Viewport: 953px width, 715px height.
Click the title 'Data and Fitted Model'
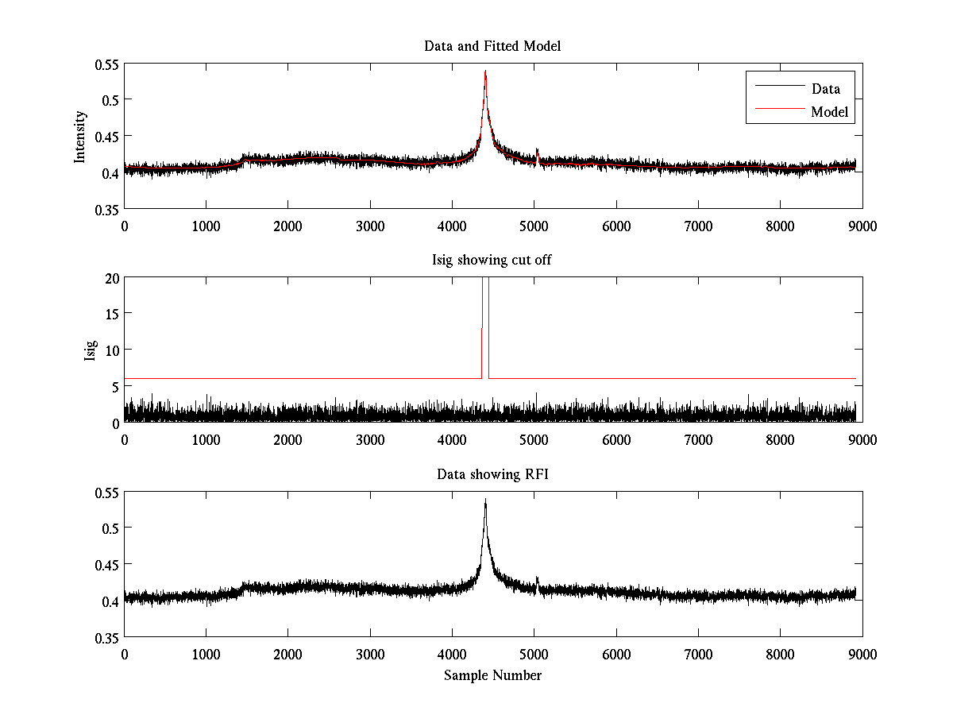pos(492,46)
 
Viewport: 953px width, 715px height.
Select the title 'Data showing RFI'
pos(492,474)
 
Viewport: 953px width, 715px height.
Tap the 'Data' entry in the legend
pos(825,89)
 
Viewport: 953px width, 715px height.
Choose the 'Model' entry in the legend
pos(829,112)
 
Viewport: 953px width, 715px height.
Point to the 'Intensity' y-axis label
pos(79,136)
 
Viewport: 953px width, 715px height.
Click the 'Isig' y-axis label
pos(90,350)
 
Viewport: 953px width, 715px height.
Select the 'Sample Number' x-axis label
pos(492,675)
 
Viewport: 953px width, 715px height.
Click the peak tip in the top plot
pos(485,71)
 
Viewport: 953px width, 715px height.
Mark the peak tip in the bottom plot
pos(485,500)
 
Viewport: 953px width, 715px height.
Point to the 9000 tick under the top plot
pos(862,226)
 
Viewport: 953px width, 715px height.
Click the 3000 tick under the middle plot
pos(370,439)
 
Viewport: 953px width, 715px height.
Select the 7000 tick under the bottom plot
pos(698,654)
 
